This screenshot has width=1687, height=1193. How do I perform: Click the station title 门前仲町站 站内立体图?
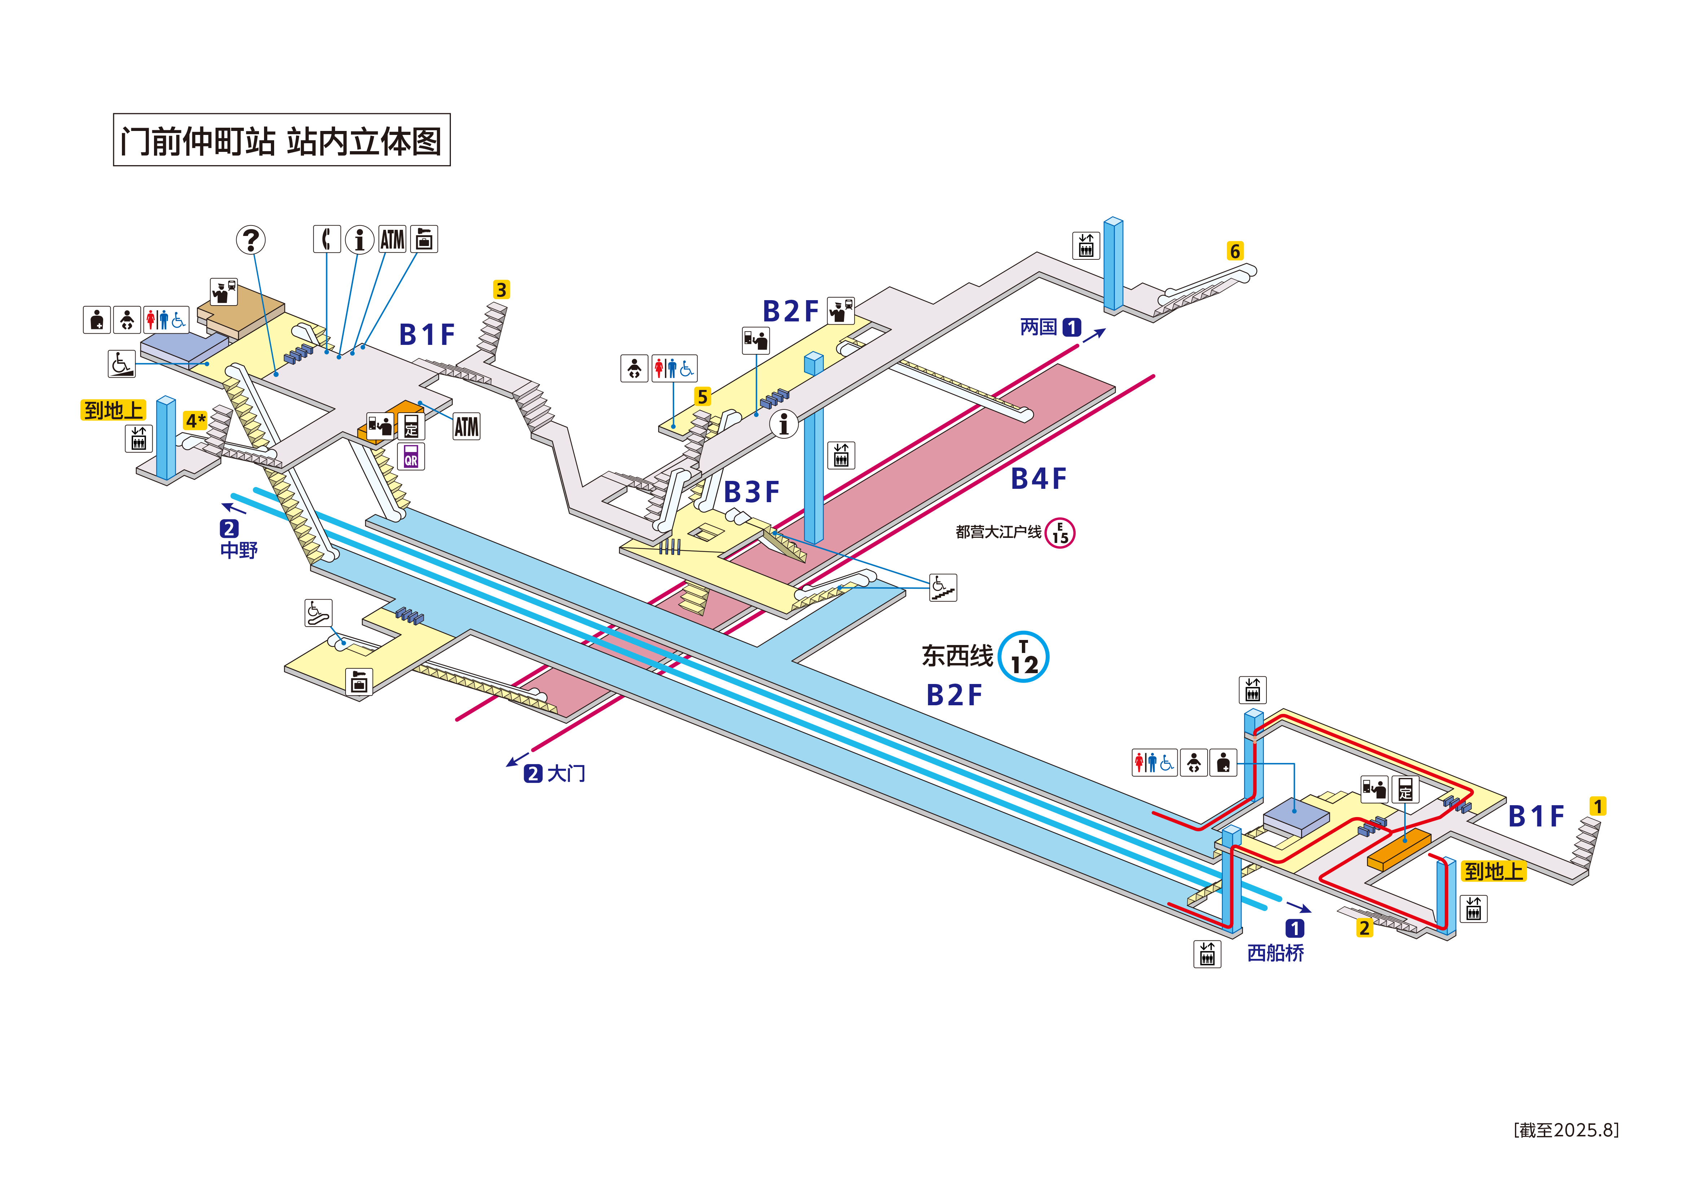tap(281, 140)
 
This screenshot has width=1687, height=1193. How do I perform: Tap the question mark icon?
tap(251, 240)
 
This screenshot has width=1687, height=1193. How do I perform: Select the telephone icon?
tap(327, 239)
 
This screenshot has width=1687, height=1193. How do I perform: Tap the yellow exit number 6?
tap(1235, 251)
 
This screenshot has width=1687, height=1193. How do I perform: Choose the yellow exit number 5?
tap(702, 397)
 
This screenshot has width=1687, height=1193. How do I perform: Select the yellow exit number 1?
tap(1597, 806)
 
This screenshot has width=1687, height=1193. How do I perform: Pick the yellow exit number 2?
tap(1365, 927)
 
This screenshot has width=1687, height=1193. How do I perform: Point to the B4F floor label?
tap(1038, 479)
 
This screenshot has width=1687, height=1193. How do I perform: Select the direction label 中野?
tap(239, 551)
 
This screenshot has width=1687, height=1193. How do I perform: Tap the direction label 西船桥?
tap(1275, 953)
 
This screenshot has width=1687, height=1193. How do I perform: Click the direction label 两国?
tap(1038, 327)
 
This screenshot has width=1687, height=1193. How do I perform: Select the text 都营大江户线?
tap(998, 532)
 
